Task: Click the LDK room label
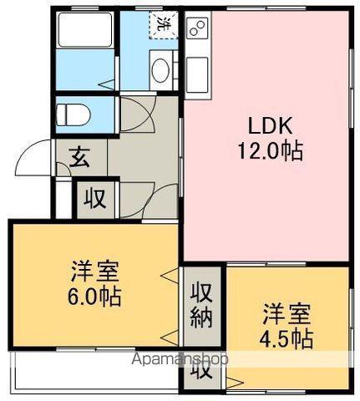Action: click(x=270, y=126)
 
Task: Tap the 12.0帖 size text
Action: click(x=270, y=150)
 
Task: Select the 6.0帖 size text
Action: click(x=94, y=297)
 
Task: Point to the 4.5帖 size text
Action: click(x=286, y=339)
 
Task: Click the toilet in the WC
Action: click(x=73, y=114)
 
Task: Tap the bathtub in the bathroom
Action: click(x=85, y=30)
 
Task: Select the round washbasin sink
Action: click(x=161, y=70)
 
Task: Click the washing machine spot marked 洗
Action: click(x=164, y=24)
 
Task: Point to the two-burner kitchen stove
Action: click(x=197, y=27)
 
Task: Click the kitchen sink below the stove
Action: click(x=197, y=74)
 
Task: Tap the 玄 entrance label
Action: click(x=79, y=157)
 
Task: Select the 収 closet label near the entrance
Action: click(x=95, y=199)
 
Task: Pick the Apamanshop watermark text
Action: click(x=180, y=358)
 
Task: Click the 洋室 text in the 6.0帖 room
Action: click(x=94, y=272)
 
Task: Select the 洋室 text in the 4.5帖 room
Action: click(x=286, y=314)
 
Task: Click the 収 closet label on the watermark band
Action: click(x=201, y=370)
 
